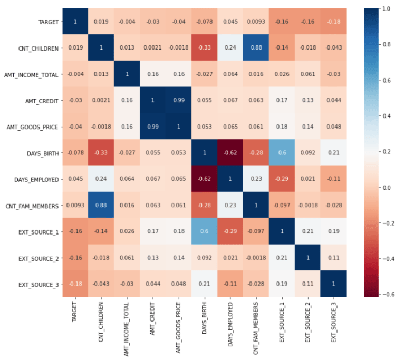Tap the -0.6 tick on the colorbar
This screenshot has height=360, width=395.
[385, 294]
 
